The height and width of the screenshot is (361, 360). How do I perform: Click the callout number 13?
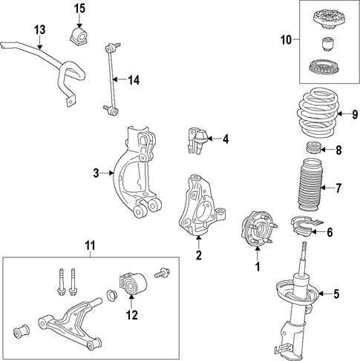tap(40, 30)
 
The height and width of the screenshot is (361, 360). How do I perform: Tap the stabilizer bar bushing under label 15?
tap(78, 36)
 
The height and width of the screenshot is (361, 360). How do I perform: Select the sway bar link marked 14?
tap(111, 79)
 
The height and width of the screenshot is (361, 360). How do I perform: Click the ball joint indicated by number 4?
tap(197, 141)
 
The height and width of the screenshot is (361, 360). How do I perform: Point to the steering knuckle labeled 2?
tap(203, 205)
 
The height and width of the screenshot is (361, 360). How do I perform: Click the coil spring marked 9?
tap(317, 113)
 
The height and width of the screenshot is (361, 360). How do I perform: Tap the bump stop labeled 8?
tap(312, 148)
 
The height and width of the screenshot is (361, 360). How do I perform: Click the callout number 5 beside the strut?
tap(336, 294)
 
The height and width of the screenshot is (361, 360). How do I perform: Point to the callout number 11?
tap(91, 245)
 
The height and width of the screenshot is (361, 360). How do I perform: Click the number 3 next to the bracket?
tap(96, 173)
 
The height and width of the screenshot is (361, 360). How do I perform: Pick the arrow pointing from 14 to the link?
tap(119, 79)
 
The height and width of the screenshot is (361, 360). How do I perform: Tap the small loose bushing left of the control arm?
tap(21, 331)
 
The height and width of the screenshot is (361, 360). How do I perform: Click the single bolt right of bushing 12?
tap(162, 272)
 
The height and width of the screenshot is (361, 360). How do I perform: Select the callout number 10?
tap(287, 39)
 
